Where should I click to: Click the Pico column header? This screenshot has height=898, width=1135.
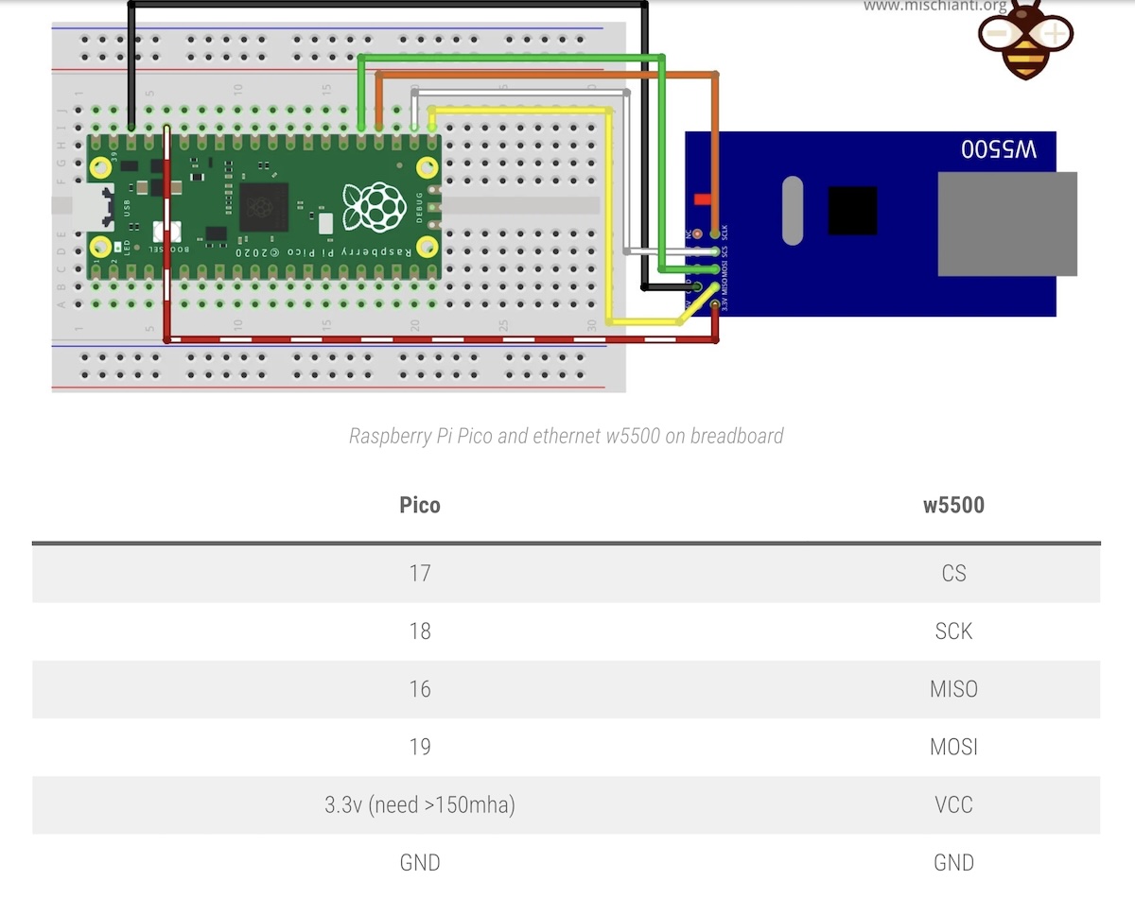pyautogui.click(x=420, y=505)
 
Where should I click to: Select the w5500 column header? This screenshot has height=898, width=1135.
pyautogui.click(x=953, y=505)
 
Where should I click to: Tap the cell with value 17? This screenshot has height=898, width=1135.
pyautogui.click(x=420, y=573)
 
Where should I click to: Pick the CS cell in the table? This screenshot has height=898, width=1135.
pyautogui.click(x=953, y=573)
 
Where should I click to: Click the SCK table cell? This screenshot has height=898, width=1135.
pyautogui.click(x=953, y=631)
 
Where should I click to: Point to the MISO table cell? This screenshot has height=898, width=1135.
pyautogui.click(x=953, y=689)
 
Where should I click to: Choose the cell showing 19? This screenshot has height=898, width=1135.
pyautogui.click(x=420, y=747)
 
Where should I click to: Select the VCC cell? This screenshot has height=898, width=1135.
pyautogui.click(x=953, y=804)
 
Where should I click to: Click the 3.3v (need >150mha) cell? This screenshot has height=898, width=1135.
pyautogui.click(x=420, y=805)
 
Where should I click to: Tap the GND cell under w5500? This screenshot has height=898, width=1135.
pyautogui.click(x=953, y=862)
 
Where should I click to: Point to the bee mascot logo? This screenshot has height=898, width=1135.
pyautogui.click(x=1025, y=40)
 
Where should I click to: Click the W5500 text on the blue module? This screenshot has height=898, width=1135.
pyautogui.click(x=999, y=149)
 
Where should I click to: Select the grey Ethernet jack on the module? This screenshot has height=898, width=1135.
pyautogui.click(x=1006, y=224)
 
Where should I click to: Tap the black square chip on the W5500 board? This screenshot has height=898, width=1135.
pyautogui.click(x=852, y=210)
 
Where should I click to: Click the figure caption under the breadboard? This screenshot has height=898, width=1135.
pyautogui.click(x=566, y=436)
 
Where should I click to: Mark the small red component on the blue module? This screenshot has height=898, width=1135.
pyautogui.click(x=702, y=199)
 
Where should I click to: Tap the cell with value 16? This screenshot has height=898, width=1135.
pyautogui.click(x=420, y=689)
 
